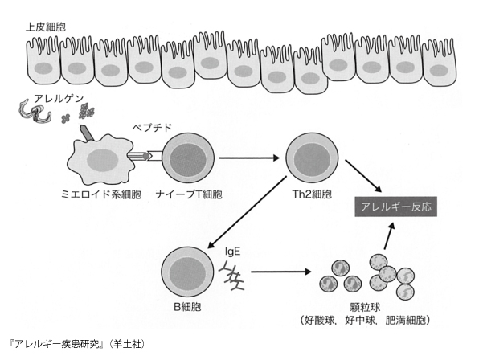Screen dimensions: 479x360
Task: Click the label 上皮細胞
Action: tap(46, 27)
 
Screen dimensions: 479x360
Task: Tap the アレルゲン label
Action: tap(59, 99)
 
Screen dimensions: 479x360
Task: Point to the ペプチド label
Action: tap(152, 128)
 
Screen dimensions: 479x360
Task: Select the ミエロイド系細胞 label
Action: tap(101, 194)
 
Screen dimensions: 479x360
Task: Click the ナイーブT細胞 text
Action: tap(189, 194)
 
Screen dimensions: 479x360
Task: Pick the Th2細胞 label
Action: tap(312, 194)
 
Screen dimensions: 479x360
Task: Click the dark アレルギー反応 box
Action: tap(396, 207)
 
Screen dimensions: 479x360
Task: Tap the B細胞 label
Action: tap(187, 306)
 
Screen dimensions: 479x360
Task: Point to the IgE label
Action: tap(232, 252)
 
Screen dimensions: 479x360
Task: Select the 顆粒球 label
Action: tap(366, 307)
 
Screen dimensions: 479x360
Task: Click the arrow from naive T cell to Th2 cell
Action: tap(250, 157)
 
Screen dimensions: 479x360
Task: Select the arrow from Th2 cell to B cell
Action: tap(247, 212)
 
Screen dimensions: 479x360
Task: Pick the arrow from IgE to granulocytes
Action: tap(281, 272)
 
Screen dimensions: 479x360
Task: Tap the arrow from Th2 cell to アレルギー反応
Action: tap(363, 175)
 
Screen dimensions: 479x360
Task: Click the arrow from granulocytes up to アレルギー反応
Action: tap(389, 236)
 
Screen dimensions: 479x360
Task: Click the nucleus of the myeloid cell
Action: tap(103, 160)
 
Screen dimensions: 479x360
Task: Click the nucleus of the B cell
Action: tap(187, 272)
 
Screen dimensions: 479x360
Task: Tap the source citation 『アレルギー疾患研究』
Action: tap(57, 344)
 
